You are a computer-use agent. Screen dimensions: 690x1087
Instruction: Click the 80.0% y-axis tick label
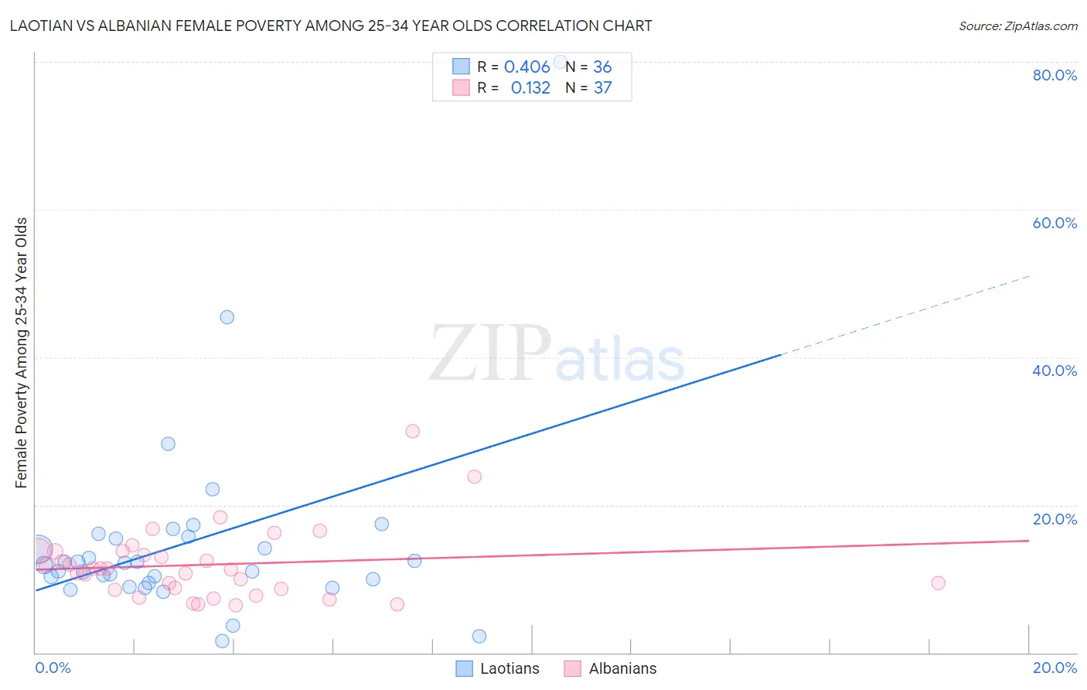(1055, 75)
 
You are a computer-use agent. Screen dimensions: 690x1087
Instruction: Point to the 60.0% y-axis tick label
(1055, 223)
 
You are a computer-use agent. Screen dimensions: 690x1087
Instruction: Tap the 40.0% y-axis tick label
(1055, 371)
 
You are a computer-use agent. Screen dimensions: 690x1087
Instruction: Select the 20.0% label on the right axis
(1055, 519)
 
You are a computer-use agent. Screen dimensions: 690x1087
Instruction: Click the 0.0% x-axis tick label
(53, 668)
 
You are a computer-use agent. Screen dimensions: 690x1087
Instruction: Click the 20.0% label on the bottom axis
(1055, 668)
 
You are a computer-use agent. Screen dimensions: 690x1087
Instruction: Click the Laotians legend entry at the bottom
(498, 668)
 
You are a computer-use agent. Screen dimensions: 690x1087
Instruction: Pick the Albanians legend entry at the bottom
(611, 668)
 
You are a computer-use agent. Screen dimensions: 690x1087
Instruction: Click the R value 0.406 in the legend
(526, 67)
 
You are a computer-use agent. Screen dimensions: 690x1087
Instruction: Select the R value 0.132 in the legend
(530, 87)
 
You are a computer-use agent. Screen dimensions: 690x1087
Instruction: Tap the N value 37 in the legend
(602, 87)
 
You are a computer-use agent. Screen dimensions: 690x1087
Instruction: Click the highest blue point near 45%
(227, 317)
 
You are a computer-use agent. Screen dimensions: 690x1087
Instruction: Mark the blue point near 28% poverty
(168, 444)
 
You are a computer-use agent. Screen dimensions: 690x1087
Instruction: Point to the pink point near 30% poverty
(412, 431)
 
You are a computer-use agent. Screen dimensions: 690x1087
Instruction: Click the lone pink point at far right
(938, 583)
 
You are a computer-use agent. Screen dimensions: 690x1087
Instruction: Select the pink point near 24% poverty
(474, 477)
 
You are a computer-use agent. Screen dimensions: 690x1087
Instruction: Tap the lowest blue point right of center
(479, 636)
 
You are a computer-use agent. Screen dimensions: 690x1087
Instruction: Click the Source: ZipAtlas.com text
(1017, 26)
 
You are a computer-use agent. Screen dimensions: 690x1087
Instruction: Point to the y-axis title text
(21, 353)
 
